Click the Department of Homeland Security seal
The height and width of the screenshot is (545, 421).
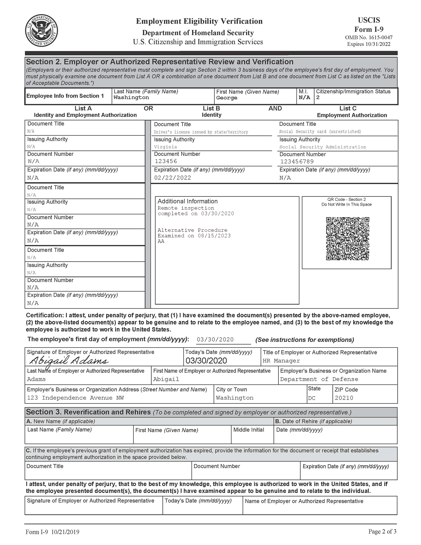click(x=42, y=30)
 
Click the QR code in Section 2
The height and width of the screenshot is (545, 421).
click(x=347, y=238)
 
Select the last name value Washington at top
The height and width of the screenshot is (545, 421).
click(x=131, y=97)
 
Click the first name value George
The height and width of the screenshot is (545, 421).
click(x=227, y=98)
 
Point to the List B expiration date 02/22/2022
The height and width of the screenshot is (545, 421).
click(x=173, y=178)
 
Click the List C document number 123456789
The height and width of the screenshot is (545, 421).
click(x=297, y=161)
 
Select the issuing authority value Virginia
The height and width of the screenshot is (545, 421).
click(x=165, y=147)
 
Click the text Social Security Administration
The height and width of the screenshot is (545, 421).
click(x=322, y=147)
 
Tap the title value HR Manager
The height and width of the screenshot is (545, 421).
click(x=281, y=361)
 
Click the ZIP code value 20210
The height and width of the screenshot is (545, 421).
click(x=344, y=398)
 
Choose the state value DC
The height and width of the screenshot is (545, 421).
click(x=312, y=398)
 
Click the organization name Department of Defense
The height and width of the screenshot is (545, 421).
click(x=319, y=379)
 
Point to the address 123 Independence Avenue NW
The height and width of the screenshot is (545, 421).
click(x=75, y=398)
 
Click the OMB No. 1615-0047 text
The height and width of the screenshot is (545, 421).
click(x=369, y=37)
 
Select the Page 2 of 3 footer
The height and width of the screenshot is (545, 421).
click(x=382, y=531)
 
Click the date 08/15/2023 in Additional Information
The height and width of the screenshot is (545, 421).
click(x=214, y=236)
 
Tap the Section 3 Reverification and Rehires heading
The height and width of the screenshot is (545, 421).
click(x=88, y=412)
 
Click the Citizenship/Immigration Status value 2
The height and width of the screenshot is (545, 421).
click(x=318, y=97)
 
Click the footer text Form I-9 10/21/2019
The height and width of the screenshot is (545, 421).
click(x=52, y=532)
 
